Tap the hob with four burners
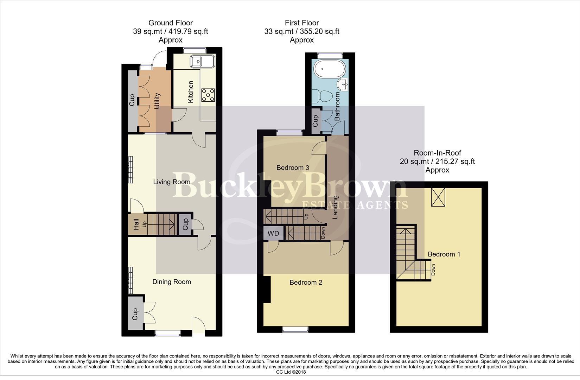coord(208,95)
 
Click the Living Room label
coord(172,182)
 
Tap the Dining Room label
coord(172,282)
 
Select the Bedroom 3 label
coord(293,168)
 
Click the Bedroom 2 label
coord(306,283)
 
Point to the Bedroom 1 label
coord(444,254)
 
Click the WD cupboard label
coord(273,233)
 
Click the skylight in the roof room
coord(438,196)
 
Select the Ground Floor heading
coord(171,23)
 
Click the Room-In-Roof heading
coord(437,153)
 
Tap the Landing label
coord(335,207)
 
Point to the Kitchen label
coord(191,92)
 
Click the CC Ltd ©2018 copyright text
coord(291,372)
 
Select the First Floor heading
coord(302,23)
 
